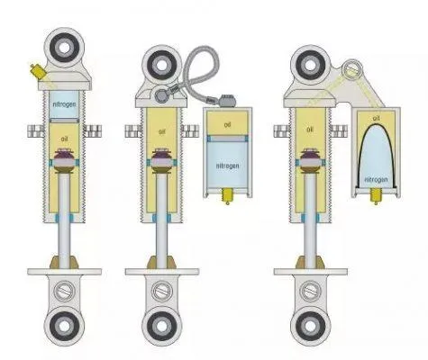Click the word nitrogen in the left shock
click(64, 104)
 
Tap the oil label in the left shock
click(64, 139)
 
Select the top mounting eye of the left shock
click(64, 48)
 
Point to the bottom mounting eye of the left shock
click(64, 326)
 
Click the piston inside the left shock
click(64, 161)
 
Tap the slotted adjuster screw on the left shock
click(64, 291)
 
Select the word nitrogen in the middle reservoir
click(228, 166)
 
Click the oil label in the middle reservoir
click(227, 124)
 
